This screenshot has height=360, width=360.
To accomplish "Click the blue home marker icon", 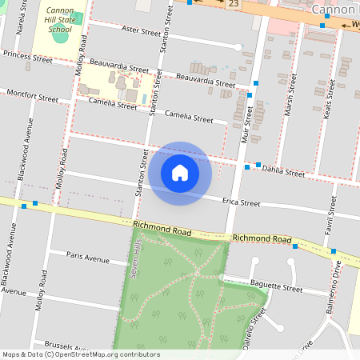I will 180,173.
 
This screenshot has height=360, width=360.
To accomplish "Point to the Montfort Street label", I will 32,97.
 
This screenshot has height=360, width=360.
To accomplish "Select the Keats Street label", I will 329,101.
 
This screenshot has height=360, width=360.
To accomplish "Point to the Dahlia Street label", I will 284,171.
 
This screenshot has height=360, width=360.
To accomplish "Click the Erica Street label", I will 242,203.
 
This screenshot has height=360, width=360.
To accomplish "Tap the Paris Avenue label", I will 88,259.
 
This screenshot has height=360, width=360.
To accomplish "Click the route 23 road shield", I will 234,4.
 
